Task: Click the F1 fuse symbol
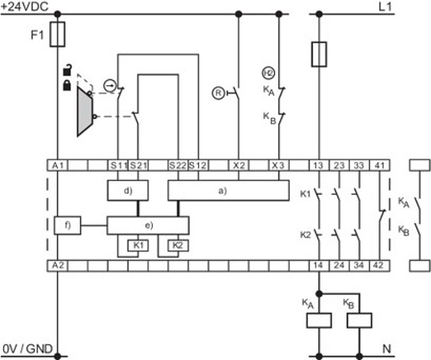click(58, 34)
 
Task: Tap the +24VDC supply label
click(25, 7)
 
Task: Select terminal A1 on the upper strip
click(58, 166)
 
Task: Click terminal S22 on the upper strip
click(178, 166)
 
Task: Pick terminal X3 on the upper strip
click(279, 166)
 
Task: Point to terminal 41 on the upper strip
click(379, 166)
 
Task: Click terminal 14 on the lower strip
click(319, 266)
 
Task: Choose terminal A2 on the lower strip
click(58, 266)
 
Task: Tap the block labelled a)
click(229, 190)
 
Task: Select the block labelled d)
click(128, 190)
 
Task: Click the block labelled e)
click(148, 226)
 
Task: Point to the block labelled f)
click(68, 226)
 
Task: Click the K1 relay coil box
click(138, 245)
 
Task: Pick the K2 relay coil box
click(178, 245)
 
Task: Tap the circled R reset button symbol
click(219, 93)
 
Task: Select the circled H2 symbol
click(268, 73)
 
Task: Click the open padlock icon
click(67, 70)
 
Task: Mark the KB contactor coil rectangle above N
click(360, 320)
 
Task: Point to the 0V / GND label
click(28, 349)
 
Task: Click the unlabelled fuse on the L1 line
click(319, 54)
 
